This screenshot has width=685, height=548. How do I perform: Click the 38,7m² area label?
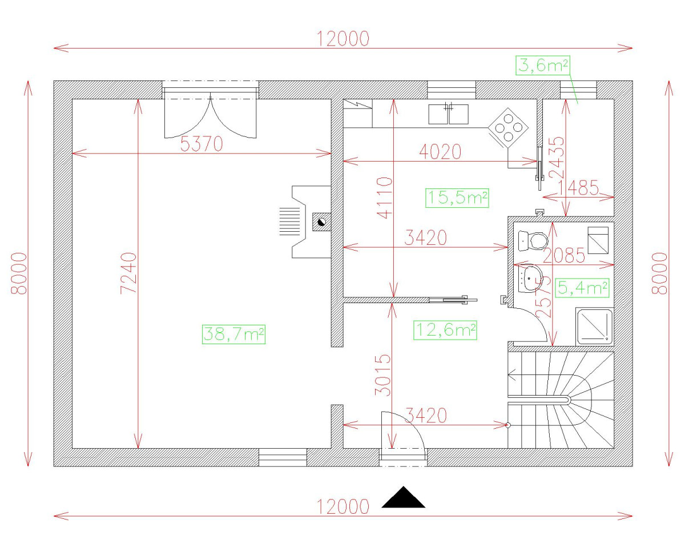[x=233, y=334]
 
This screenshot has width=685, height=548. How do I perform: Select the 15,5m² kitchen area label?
[x=457, y=198]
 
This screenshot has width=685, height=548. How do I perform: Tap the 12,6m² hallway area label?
[x=445, y=330]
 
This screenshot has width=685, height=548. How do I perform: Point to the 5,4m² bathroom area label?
[x=582, y=288]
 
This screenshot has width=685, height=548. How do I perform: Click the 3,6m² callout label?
[x=543, y=66]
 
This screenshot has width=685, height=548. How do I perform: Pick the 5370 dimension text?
[x=202, y=144]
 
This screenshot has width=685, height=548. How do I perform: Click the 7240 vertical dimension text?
[x=129, y=273]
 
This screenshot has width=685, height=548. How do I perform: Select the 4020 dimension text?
[x=440, y=152]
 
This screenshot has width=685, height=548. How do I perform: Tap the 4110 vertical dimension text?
[x=385, y=198]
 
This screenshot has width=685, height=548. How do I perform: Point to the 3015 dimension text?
[x=382, y=375]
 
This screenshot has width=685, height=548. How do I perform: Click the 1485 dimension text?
[x=578, y=188]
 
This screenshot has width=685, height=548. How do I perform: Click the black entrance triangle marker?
[x=404, y=497]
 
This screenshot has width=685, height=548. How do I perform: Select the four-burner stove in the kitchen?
[x=509, y=128]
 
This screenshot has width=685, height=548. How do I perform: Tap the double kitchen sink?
[x=448, y=114]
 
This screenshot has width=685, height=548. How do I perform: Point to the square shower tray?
[x=595, y=327]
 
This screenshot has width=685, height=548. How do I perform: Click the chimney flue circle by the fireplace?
[x=321, y=221]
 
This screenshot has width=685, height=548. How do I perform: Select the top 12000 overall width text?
[x=343, y=39]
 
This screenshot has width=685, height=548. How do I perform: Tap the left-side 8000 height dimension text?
[x=19, y=273]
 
